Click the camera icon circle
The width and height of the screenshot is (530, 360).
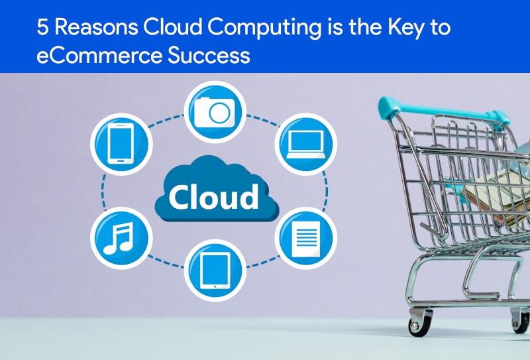(216, 111)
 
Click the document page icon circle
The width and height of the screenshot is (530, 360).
(306, 237)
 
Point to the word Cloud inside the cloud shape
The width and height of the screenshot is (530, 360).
(213, 196)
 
